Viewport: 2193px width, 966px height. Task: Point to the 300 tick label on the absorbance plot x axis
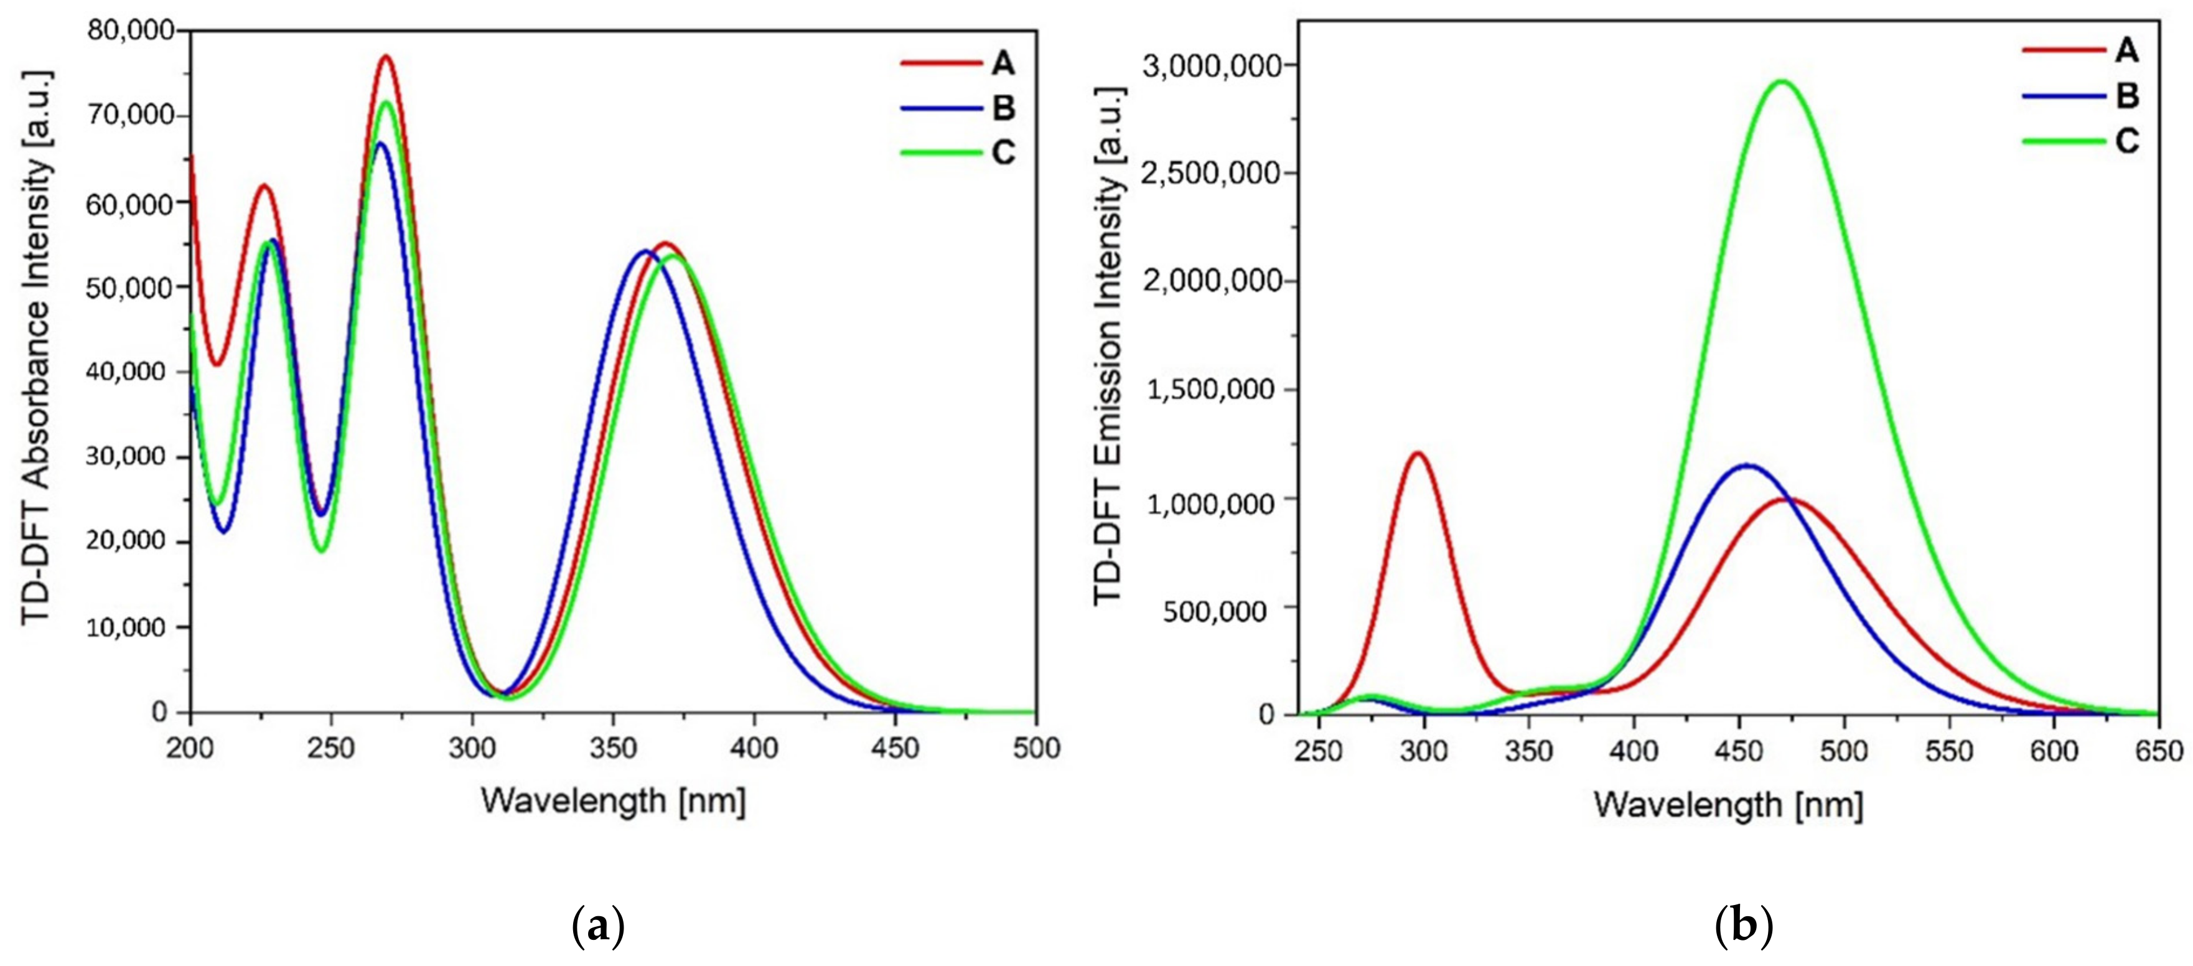[x=472, y=748]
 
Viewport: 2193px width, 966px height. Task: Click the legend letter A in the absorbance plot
[x=1003, y=63]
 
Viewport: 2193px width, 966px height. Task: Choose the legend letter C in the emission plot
[x=2126, y=141]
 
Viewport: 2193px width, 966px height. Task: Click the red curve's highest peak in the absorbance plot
[x=386, y=57]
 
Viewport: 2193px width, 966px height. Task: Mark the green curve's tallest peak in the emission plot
[x=1781, y=82]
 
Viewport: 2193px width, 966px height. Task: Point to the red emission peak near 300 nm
[x=1418, y=453]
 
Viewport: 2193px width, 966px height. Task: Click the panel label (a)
[x=599, y=927]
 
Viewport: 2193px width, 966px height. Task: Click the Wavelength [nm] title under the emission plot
[x=1729, y=805]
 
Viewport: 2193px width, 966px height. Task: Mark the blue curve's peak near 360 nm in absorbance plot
[x=645, y=251]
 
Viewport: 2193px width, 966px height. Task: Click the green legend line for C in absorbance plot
[x=941, y=152]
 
